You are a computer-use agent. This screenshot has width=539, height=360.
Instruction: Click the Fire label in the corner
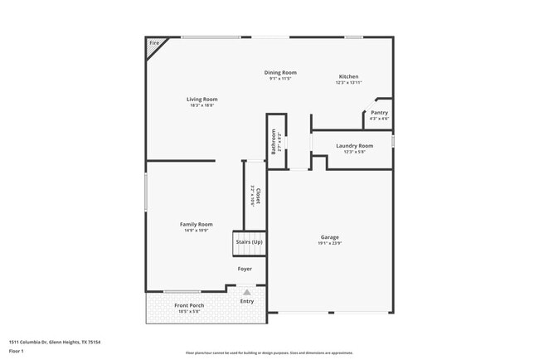(x=153, y=42)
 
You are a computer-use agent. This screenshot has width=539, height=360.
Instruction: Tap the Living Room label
(x=202, y=99)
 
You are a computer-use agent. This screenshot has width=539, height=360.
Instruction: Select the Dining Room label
(x=280, y=72)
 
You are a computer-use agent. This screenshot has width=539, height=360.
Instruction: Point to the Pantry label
(x=379, y=112)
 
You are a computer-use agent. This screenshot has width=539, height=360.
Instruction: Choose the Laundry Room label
(x=354, y=145)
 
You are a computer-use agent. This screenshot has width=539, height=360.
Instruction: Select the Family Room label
(x=197, y=224)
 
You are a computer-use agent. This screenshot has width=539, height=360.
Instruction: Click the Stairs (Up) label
(x=249, y=241)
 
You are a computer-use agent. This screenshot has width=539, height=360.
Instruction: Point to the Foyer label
(x=244, y=269)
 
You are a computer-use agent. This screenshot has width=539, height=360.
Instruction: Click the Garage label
(x=329, y=237)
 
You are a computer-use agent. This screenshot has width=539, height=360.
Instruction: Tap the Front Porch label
(x=189, y=305)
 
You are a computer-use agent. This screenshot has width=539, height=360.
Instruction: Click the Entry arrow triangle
(x=246, y=292)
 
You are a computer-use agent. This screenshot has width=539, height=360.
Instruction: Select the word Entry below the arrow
(x=247, y=301)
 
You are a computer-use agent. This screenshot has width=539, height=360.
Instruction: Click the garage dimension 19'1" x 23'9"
(x=329, y=244)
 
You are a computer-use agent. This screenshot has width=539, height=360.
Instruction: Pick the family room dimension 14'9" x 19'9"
(x=197, y=231)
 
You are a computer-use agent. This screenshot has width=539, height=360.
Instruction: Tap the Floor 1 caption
(x=17, y=352)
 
